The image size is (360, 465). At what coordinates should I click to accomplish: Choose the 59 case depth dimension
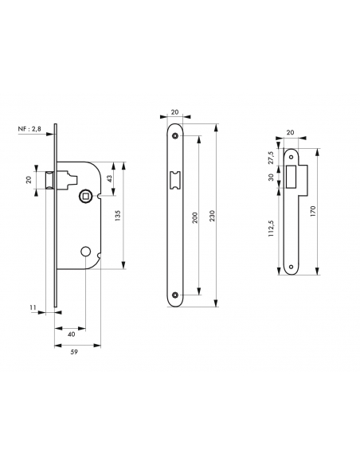coord(76,354)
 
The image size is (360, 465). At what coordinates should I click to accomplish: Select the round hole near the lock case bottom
coord(85,252)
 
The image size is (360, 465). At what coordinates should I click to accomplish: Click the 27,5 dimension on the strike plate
coord(271,158)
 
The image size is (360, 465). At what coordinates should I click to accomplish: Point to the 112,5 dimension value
coord(271,229)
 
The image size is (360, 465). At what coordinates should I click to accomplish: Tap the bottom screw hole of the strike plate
coord(290,264)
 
